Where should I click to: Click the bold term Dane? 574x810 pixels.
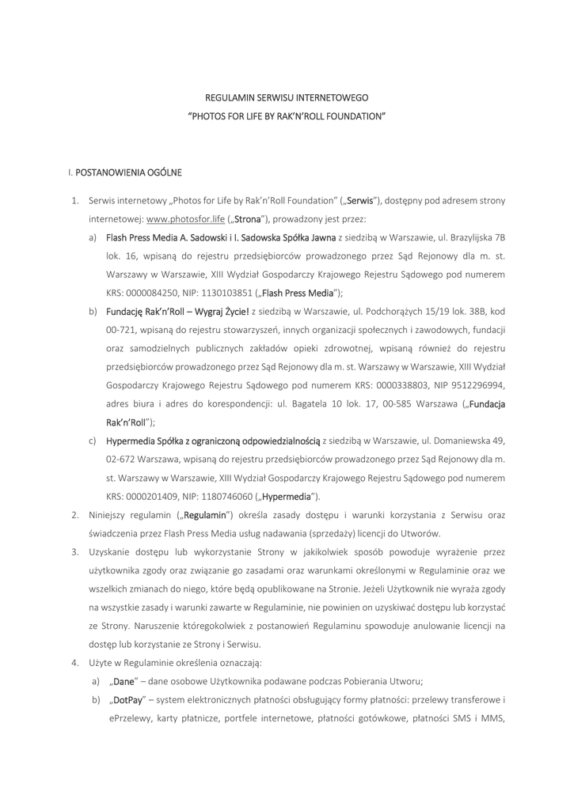[x=124, y=682]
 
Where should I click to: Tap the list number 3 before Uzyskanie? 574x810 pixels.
[x=74, y=551]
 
